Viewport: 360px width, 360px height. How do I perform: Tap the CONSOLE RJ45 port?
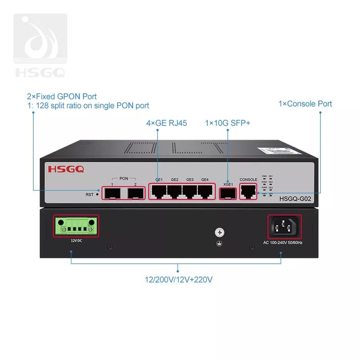coord(247,190)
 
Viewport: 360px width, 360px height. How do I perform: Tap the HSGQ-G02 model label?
coord(296,199)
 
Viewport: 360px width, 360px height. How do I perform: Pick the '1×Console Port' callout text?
coord(305,104)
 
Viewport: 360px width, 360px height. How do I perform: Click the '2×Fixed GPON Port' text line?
coord(61,96)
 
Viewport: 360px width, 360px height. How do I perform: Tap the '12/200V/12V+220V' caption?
coord(179,280)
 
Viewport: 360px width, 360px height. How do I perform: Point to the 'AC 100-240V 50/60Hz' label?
coord(283,243)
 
